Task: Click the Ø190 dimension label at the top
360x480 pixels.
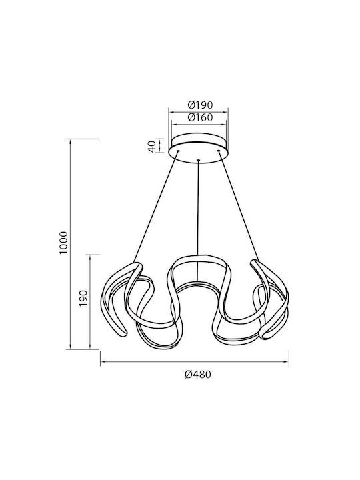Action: coord(200,105)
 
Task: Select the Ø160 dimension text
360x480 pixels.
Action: coord(200,117)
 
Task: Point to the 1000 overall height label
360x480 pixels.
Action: coord(63,243)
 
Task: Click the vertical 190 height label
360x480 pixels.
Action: coord(83,299)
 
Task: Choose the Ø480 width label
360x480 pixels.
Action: coord(198,374)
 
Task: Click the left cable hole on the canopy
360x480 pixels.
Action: coord(178,151)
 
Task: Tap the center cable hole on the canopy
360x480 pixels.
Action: coord(199,160)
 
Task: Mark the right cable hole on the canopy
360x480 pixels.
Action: coord(219,151)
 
